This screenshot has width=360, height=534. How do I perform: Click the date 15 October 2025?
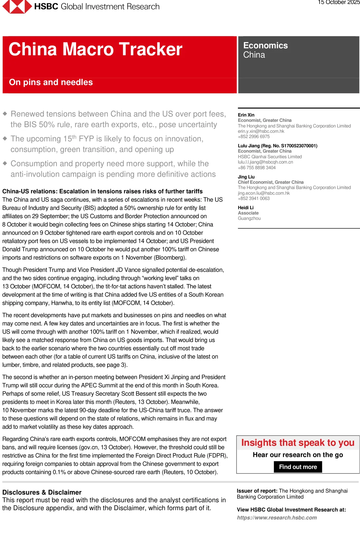[338, 3]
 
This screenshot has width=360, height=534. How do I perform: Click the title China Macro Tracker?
[95, 49]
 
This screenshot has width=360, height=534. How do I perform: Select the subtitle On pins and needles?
[51, 82]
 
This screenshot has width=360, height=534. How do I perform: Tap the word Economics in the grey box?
[265, 46]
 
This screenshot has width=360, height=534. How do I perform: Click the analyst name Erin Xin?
[246, 115]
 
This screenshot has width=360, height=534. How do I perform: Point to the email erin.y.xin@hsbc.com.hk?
[261, 131]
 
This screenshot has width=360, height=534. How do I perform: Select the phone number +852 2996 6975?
[254, 136]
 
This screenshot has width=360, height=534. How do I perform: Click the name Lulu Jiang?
[248, 146]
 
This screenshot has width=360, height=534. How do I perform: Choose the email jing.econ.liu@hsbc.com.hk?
[264, 193]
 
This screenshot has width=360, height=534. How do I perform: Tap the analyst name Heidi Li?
[246, 208]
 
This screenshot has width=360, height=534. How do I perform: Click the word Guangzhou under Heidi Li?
[249, 218]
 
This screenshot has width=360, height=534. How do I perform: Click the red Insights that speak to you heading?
[298, 443]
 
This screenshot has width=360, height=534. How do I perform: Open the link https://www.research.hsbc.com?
[277, 517]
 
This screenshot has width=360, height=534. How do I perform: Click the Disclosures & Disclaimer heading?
[42, 492]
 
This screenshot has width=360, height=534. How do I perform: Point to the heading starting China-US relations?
[102, 191]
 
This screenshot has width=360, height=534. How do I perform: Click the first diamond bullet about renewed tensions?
[5, 114]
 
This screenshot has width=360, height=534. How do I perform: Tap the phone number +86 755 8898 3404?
[257, 168]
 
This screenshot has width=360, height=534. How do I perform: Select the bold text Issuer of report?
[257, 491]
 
